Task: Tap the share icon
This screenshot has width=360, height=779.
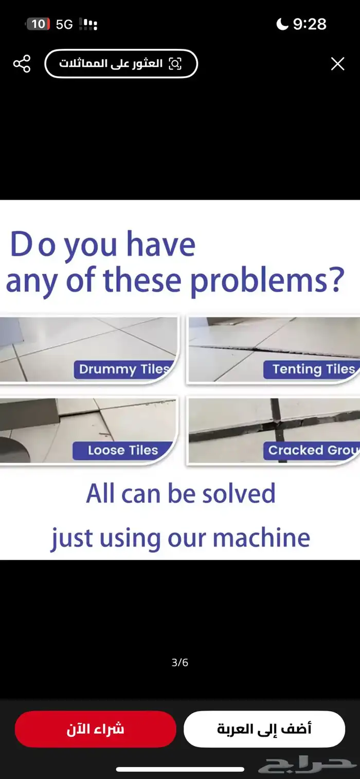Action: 22,64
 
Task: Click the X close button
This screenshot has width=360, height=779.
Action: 337,64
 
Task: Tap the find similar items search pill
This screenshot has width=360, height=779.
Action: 121,64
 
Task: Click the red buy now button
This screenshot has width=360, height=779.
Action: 95,729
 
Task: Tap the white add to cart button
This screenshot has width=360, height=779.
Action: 264,729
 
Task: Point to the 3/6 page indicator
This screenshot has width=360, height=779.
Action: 179,663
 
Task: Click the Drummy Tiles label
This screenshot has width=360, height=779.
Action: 124,369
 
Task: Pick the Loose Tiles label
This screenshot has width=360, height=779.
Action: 123,450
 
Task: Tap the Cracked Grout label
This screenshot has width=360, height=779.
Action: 311,450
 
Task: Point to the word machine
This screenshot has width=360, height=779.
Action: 261,538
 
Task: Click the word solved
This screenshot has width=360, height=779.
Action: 239,493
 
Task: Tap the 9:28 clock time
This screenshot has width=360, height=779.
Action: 310,24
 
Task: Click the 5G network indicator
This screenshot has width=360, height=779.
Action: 64,24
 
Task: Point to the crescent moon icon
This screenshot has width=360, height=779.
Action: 282,24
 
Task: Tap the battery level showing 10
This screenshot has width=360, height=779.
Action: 38,24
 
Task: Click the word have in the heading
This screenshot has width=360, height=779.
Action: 161,244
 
